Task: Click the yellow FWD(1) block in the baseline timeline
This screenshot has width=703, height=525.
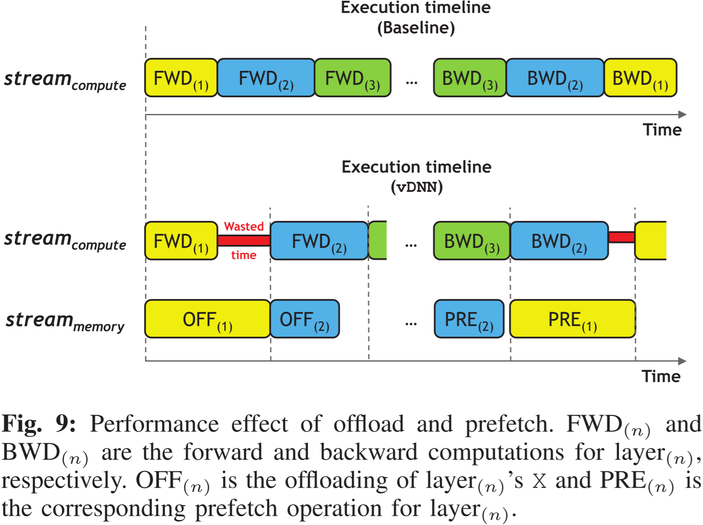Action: click(x=181, y=78)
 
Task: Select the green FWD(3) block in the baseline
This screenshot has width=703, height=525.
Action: click(x=353, y=78)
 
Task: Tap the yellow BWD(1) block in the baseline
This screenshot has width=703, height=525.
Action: click(x=640, y=78)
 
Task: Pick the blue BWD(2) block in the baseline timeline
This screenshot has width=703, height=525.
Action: click(x=555, y=78)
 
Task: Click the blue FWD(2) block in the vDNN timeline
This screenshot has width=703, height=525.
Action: click(x=319, y=241)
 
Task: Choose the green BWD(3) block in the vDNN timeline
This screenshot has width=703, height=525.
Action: click(x=472, y=241)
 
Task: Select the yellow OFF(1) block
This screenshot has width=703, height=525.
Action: click(x=208, y=319)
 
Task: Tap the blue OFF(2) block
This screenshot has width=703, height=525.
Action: click(x=305, y=319)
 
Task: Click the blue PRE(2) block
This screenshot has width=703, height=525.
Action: click(x=469, y=319)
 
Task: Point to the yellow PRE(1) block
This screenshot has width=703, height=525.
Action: click(x=573, y=319)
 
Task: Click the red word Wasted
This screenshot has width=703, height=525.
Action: click(x=244, y=227)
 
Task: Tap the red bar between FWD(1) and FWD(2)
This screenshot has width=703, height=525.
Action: click(x=244, y=241)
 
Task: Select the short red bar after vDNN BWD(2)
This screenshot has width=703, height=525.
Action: click(x=621, y=237)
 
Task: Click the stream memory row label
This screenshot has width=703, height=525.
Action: click(x=65, y=321)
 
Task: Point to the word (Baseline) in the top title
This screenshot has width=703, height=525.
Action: click(x=416, y=28)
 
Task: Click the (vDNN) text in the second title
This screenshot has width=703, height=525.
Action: click(x=417, y=187)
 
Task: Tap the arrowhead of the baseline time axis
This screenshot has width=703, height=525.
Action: click(x=682, y=114)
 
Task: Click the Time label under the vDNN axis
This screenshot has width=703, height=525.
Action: click(x=661, y=376)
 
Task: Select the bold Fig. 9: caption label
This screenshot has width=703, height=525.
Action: click(x=39, y=424)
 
